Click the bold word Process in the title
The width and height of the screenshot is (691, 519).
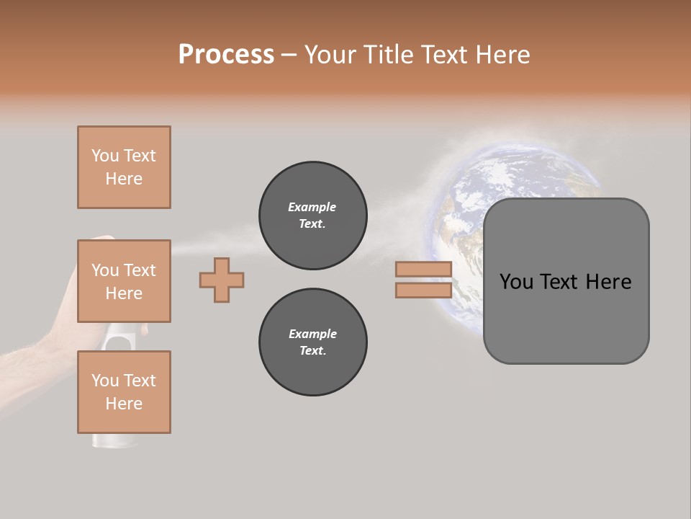[x=226, y=54]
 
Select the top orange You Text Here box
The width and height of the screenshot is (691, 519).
[x=124, y=167]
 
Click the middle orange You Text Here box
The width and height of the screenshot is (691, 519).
[x=124, y=281]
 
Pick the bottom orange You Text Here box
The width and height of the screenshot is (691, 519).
[x=124, y=391]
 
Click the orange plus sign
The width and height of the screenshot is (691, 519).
[x=222, y=280]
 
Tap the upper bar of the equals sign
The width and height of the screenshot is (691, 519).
[x=423, y=270]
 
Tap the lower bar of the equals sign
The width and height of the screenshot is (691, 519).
[x=423, y=290]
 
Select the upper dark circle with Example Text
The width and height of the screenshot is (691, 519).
[x=312, y=215]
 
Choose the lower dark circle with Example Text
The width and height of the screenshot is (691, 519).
[x=312, y=342]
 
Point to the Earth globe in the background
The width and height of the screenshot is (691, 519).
[x=518, y=187]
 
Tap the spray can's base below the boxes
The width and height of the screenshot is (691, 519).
[x=104, y=440]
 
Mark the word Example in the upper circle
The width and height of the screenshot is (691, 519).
[x=312, y=207]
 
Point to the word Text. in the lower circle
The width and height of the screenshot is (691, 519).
[x=312, y=350]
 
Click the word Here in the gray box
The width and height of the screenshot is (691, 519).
[x=608, y=282]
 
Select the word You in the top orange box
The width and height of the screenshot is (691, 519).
[x=105, y=156]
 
